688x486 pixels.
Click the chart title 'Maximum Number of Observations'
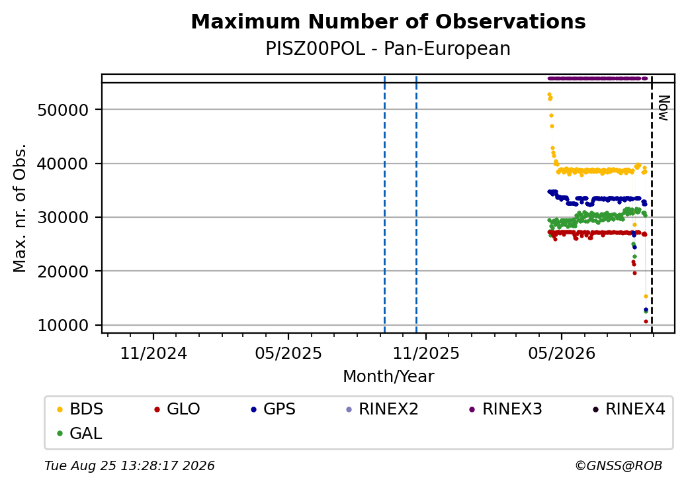[388, 21]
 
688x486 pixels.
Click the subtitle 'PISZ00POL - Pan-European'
[388, 48]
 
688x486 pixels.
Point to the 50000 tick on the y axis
[64, 110]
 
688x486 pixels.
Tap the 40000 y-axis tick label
[64, 164]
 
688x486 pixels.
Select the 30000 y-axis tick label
[64, 217]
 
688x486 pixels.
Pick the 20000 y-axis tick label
[64, 271]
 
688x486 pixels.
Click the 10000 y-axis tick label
[64, 325]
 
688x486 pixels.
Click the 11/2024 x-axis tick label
[153, 354]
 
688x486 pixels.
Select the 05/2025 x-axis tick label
[288, 354]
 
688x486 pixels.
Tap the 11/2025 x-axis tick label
[425, 354]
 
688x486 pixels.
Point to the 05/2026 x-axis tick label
[562, 354]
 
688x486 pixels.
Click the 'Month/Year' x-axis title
[388, 377]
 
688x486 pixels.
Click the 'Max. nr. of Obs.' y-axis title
[20, 208]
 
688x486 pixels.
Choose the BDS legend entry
[80, 409]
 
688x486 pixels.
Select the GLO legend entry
[177, 409]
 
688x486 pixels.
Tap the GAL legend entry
[80, 433]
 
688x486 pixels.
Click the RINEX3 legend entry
[506, 409]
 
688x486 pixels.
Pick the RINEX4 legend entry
[628, 409]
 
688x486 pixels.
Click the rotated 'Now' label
[664, 108]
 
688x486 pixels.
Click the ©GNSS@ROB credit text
[619, 465]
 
